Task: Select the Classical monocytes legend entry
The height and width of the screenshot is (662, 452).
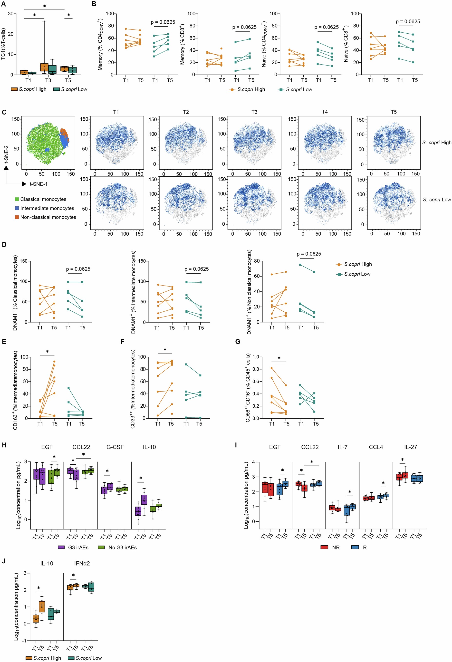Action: tap(43, 199)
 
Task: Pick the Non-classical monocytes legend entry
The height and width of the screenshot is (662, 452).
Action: tap(48, 217)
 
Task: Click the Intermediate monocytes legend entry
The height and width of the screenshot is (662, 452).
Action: tap(47, 208)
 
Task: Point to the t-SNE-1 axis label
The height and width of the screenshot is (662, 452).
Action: tap(38, 184)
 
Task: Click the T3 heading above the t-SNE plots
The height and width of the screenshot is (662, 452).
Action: tap(254, 112)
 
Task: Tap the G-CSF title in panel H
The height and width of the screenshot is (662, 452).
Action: tap(115, 447)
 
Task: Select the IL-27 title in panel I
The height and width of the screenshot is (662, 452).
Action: tap(410, 447)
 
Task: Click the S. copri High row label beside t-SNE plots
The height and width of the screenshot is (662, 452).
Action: tap(436, 143)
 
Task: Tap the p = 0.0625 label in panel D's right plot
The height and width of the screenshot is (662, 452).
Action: tap(309, 254)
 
